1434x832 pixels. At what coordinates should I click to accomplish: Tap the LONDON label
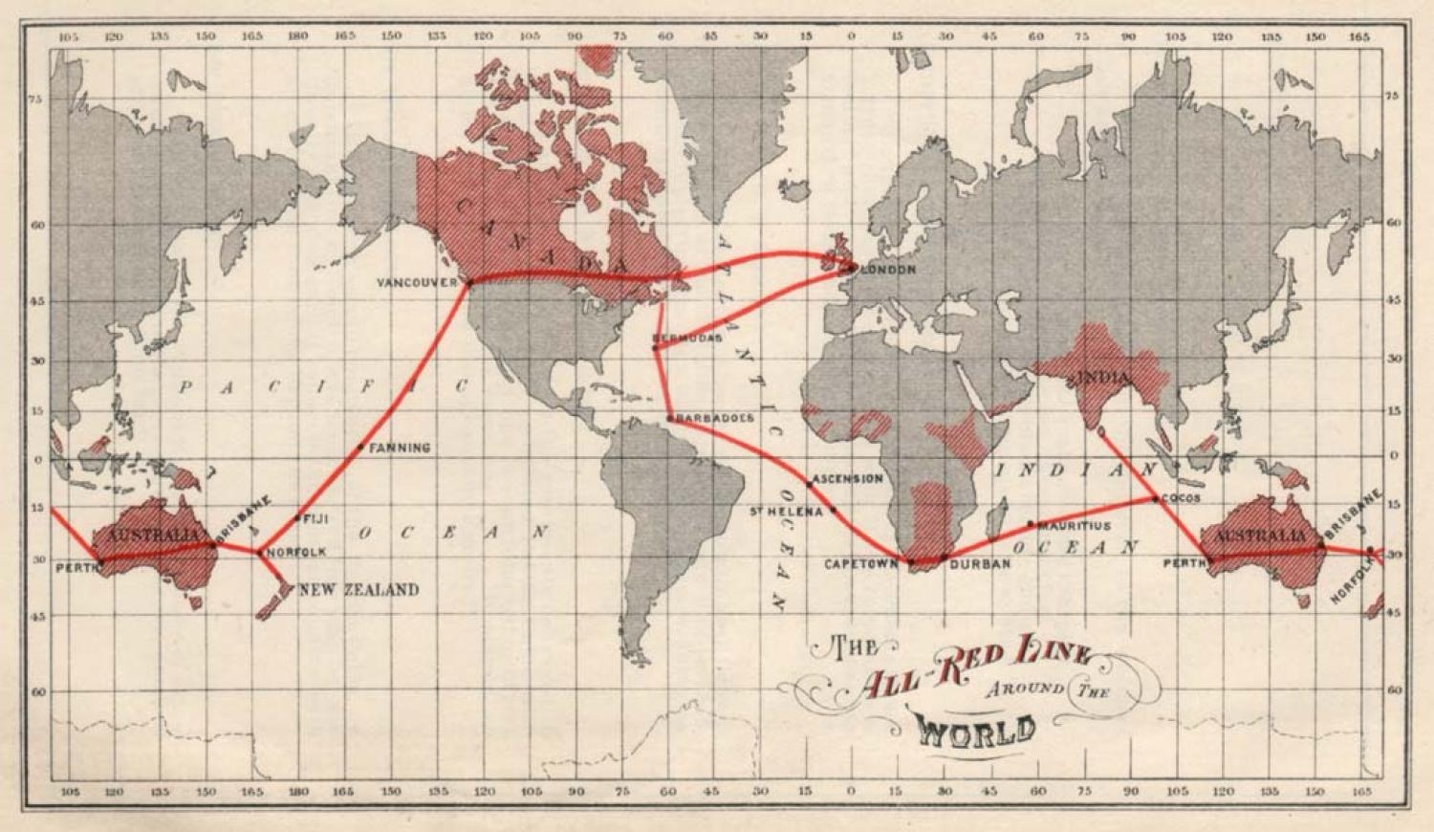point(889,271)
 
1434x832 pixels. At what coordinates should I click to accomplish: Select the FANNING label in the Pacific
point(400,448)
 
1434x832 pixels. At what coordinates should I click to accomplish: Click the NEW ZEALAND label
point(358,590)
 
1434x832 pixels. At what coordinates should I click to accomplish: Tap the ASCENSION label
point(847,478)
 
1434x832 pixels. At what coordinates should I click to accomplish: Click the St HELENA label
point(785,513)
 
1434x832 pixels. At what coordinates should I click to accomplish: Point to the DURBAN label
point(980,564)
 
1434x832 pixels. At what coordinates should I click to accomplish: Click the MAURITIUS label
point(1075,526)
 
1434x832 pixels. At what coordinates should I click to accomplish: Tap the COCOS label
point(1181,498)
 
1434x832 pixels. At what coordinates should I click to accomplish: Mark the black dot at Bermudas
point(655,347)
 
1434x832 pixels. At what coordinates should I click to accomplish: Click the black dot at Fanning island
point(360,447)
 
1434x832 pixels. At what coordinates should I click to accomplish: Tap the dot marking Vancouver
point(468,282)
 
